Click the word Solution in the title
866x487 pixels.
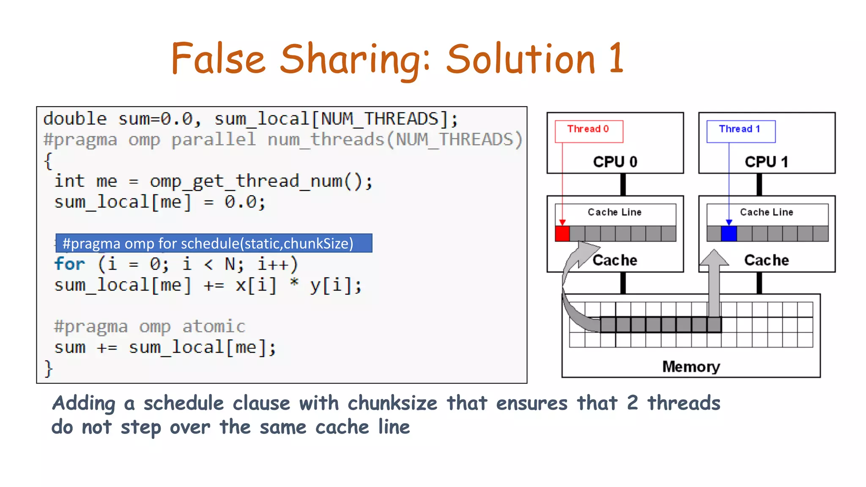pyautogui.click(x=521, y=59)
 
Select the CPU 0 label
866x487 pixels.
pyautogui.click(x=615, y=162)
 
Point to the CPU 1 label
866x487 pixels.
pyautogui.click(x=766, y=162)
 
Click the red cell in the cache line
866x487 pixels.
pyautogui.click(x=562, y=234)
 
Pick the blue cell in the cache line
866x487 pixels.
pyautogui.click(x=729, y=234)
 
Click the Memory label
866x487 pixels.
pyautogui.click(x=691, y=367)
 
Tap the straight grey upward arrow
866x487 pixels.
pyautogui.click(x=714, y=283)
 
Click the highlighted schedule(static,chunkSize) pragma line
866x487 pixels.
pyautogui.click(x=214, y=243)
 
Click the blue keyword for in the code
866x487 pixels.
pyautogui.click(x=70, y=264)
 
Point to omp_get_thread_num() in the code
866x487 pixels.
pyautogui.click(x=261, y=182)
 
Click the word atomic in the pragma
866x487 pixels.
pyautogui.click(x=214, y=327)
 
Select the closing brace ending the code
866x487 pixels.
pyautogui.click(x=49, y=369)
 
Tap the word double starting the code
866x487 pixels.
pyautogui.click(x=75, y=119)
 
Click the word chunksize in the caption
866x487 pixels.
pyautogui.click(x=392, y=403)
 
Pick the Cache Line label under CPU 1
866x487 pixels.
pyautogui.click(x=766, y=212)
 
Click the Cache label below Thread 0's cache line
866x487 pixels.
pyautogui.click(x=614, y=260)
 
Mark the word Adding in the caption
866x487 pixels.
pyautogui.click(x=83, y=403)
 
